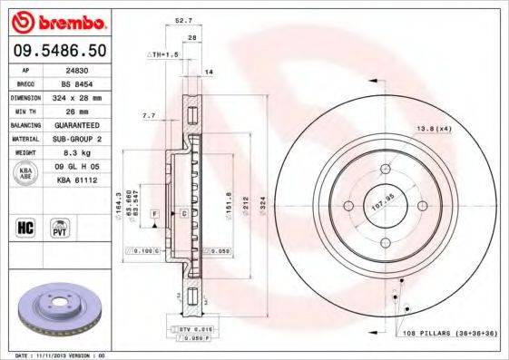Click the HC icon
point(26,227)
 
